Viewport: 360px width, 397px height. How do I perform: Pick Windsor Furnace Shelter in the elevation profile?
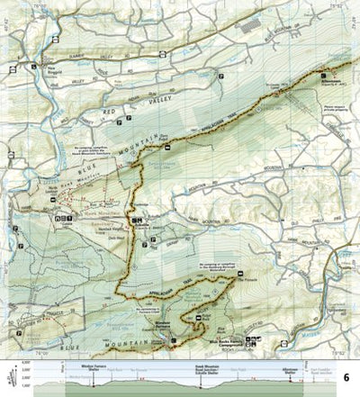(x=94, y=369)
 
